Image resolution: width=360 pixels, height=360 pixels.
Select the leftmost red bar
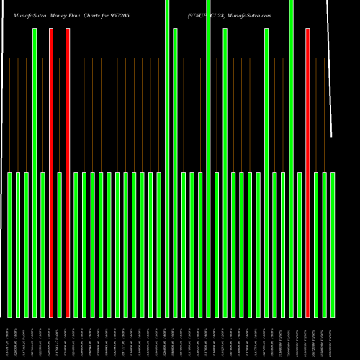51,173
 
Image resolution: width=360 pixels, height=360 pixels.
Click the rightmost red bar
308,173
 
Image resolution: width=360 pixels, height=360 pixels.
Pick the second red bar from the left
68,173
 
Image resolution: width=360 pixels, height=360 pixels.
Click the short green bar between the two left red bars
60,245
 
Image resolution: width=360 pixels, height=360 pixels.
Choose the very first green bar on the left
10,245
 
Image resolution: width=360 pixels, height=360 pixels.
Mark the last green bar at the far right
333,245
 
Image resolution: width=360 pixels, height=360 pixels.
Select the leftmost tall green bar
35,173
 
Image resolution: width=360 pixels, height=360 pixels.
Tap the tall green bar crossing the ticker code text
209,158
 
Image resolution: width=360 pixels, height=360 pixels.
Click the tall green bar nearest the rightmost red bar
292,158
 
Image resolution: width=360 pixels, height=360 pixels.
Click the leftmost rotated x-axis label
10,338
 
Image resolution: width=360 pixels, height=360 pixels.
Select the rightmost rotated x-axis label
333,338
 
